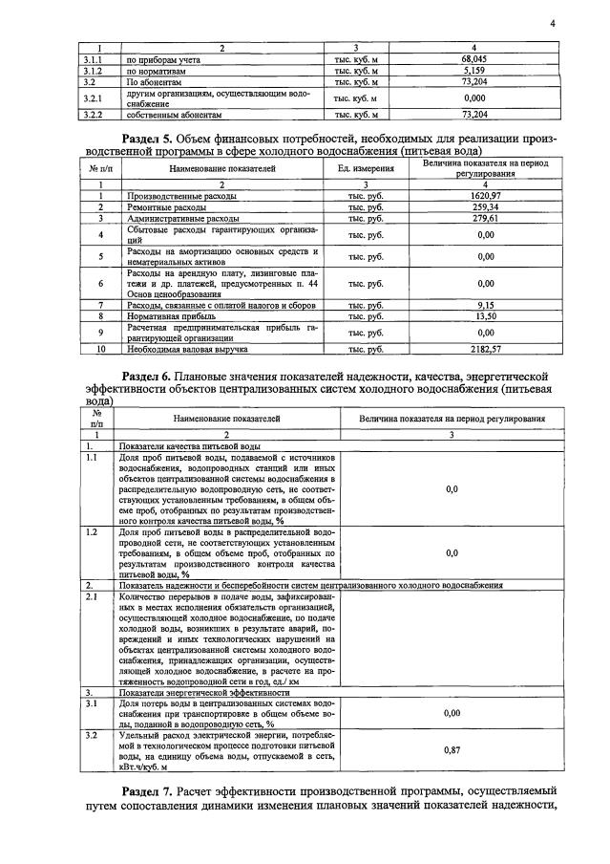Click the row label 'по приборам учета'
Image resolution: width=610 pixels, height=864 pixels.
[x=157, y=59]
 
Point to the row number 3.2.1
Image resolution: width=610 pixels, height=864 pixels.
[x=93, y=97]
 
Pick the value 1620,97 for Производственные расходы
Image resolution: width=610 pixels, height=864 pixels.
[x=485, y=195]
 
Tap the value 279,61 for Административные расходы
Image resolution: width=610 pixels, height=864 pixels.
[x=485, y=218]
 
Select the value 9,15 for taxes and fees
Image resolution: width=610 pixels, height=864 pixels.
[x=485, y=305]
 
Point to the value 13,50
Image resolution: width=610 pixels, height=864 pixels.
[x=485, y=316]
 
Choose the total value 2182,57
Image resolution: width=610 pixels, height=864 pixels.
[x=485, y=350]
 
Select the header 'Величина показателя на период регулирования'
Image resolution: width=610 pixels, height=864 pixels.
[x=452, y=419]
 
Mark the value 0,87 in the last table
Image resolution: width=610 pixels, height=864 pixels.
[x=452, y=750]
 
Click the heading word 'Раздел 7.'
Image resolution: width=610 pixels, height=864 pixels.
[x=161, y=792]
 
